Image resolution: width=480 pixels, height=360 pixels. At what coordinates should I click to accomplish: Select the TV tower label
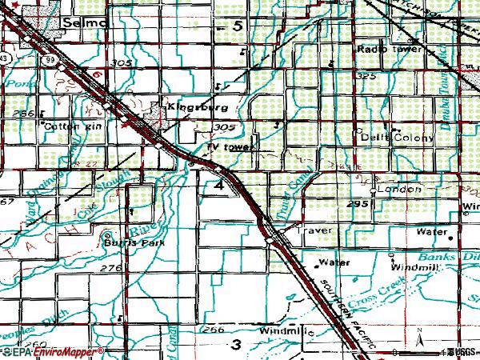click(230, 148)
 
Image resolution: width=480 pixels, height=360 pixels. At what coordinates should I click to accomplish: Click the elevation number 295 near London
click(358, 205)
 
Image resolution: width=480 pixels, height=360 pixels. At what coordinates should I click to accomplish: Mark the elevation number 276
click(110, 268)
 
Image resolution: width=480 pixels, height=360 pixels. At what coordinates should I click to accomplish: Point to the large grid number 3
click(235, 345)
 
